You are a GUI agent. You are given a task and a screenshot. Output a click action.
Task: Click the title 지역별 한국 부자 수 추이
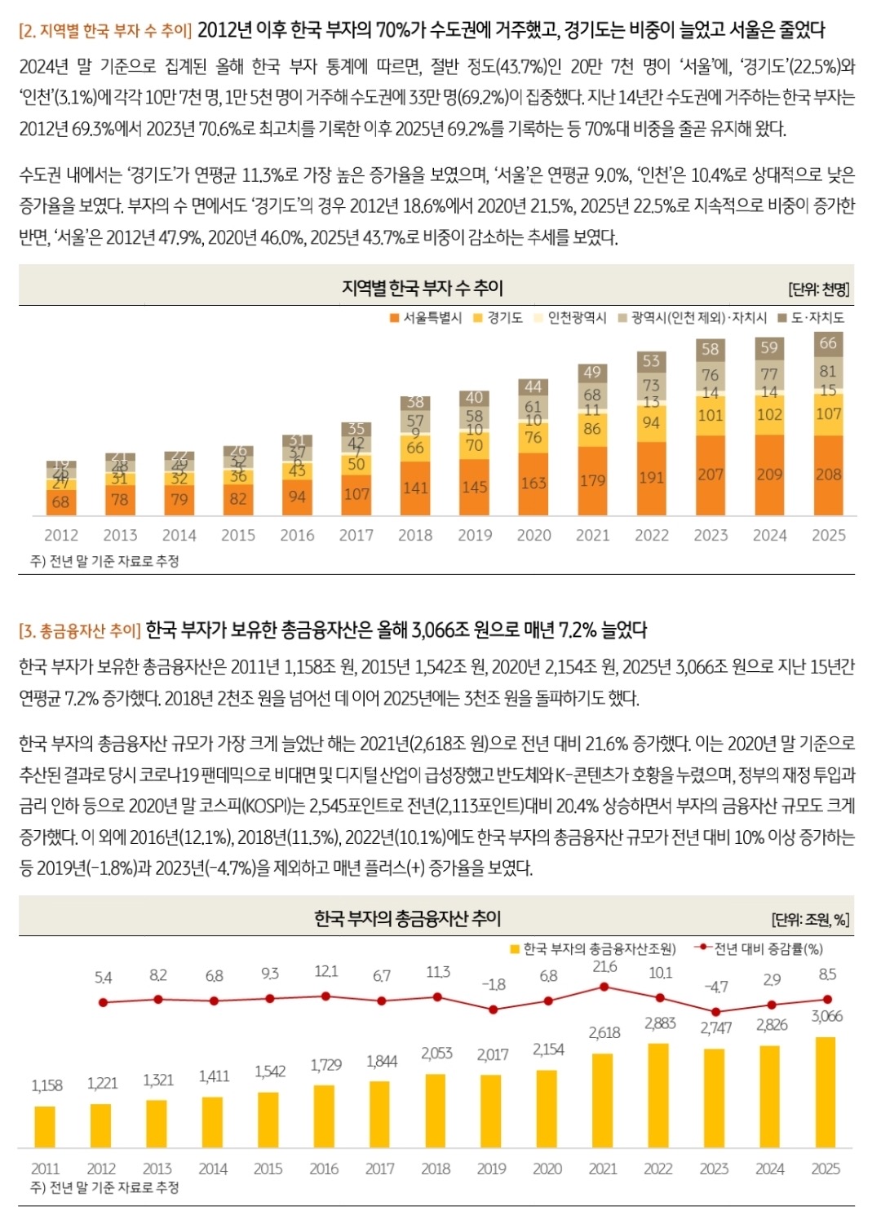(x=423, y=288)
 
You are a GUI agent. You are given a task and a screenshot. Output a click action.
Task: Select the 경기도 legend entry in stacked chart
(x=498, y=317)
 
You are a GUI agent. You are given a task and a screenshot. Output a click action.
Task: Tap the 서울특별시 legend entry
(x=426, y=317)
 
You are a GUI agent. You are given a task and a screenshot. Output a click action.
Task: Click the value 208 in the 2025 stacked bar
(x=828, y=474)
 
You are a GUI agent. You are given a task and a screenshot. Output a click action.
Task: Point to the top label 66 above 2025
(x=828, y=342)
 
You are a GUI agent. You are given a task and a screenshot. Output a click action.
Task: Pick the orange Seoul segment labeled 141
(x=415, y=488)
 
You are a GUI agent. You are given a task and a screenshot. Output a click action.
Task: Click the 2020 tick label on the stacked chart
(x=533, y=535)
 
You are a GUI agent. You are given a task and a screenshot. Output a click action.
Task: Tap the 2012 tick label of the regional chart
(x=61, y=535)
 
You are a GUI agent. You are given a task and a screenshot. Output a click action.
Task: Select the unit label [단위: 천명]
(x=818, y=289)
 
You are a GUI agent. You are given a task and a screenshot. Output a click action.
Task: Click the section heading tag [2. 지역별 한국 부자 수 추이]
(x=105, y=31)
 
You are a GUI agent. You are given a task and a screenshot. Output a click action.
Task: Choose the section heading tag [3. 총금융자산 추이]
(x=80, y=630)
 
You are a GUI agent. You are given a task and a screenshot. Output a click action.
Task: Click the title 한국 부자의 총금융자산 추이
(x=407, y=918)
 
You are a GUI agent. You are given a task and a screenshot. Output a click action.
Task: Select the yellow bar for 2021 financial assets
(x=603, y=1100)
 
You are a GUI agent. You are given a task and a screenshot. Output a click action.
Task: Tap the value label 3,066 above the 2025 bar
(x=826, y=1016)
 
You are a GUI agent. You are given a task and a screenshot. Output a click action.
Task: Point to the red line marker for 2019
(x=493, y=1010)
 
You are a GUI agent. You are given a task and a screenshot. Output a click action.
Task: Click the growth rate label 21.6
(x=604, y=966)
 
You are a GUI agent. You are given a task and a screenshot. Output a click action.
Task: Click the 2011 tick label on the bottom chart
(x=45, y=1169)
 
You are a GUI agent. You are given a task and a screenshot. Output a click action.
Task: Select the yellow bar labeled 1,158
(x=45, y=1127)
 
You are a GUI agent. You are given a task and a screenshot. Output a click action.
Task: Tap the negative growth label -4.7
(x=715, y=987)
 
